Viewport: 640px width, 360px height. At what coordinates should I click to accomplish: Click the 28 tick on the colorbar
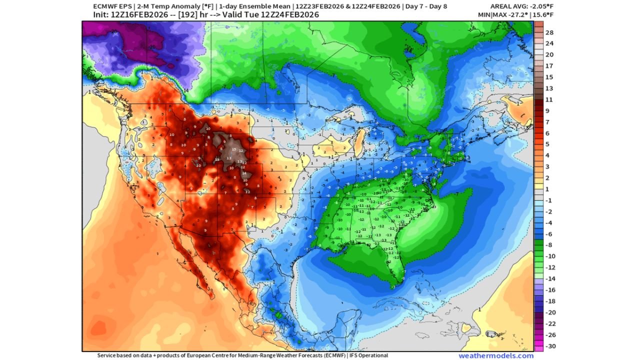point(548,32)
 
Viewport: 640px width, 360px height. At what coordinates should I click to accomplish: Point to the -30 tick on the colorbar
point(548,346)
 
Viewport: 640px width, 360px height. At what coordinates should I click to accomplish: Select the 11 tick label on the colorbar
point(548,99)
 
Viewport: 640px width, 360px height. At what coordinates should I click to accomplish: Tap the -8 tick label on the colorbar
point(548,245)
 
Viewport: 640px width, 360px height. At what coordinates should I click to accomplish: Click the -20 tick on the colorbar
point(548,312)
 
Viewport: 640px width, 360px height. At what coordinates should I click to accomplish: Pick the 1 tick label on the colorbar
point(548,189)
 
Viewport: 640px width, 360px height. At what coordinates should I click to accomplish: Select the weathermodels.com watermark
point(496,355)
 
